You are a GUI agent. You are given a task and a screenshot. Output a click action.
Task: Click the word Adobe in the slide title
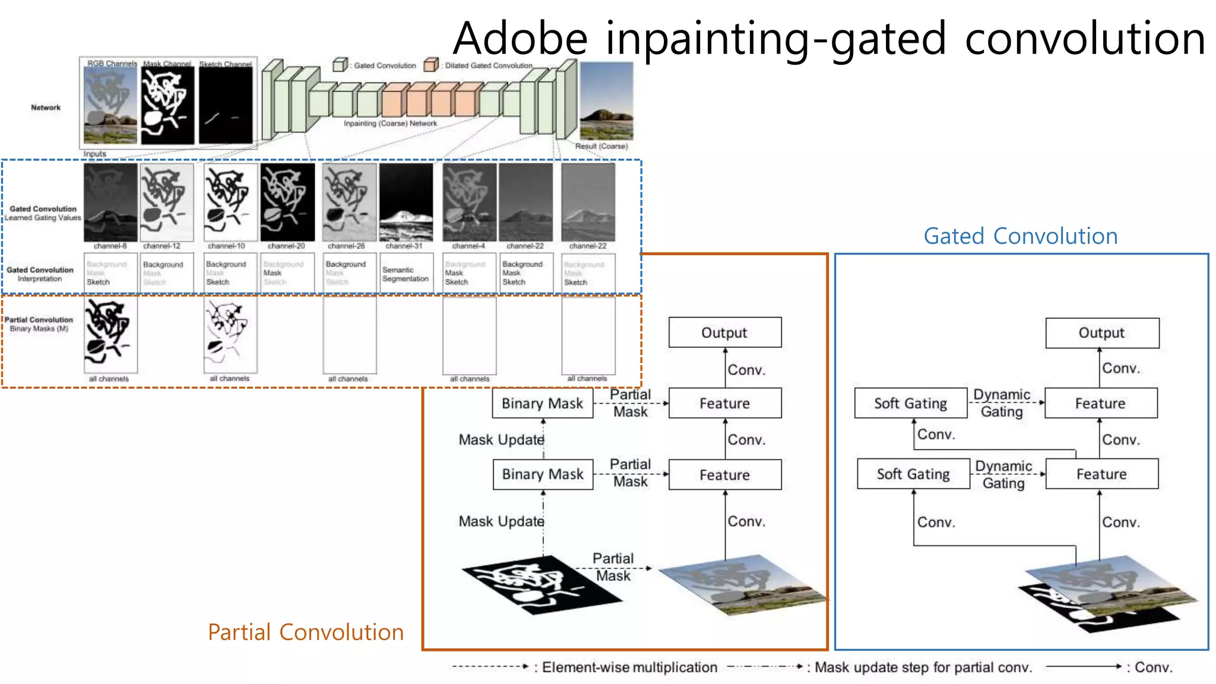point(520,39)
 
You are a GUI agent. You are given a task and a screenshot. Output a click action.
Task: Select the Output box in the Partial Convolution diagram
point(724,332)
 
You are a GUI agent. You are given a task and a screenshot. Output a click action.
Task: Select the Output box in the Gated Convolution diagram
point(1101,333)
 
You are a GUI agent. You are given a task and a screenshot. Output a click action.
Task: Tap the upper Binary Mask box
point(542,404)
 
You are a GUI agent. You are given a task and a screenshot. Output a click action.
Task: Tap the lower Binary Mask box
point(543,474)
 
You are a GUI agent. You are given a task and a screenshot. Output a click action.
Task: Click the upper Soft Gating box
point(910,404)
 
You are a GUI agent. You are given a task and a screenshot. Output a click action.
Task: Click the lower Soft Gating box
point(913,474)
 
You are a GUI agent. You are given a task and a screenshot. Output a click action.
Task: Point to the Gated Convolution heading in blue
point(1020,236)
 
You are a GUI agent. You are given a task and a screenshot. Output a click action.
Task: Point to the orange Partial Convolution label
point(305,632)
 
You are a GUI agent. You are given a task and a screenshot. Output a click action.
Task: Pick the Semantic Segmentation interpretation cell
point(406,274)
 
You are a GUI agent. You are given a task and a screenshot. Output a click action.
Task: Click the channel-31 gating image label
point(404,246)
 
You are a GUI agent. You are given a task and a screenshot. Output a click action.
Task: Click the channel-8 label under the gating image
point(110,246)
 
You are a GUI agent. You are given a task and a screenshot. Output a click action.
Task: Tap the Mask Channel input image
point(167,105)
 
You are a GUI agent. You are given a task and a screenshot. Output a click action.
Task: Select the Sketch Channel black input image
point(226,105)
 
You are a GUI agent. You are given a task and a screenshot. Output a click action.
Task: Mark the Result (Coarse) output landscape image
point(606,101)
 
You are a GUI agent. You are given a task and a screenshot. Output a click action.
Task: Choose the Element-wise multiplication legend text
point(629,667)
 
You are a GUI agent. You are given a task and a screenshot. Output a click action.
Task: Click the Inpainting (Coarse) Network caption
point(390,123)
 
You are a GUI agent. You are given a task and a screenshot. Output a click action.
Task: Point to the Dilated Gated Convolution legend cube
point(431,65)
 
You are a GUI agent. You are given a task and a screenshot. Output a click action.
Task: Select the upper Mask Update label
point(501,440)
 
